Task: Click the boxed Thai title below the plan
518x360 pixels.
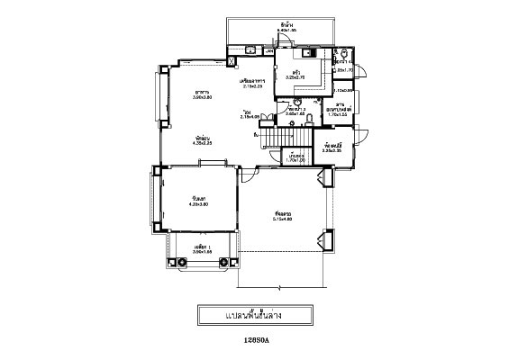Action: tap(256, 316)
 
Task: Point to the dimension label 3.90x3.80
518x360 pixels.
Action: tap(203, 96)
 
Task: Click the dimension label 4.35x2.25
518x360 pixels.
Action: tap(202, 142)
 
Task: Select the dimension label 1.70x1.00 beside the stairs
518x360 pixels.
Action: tap(295, 159)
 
